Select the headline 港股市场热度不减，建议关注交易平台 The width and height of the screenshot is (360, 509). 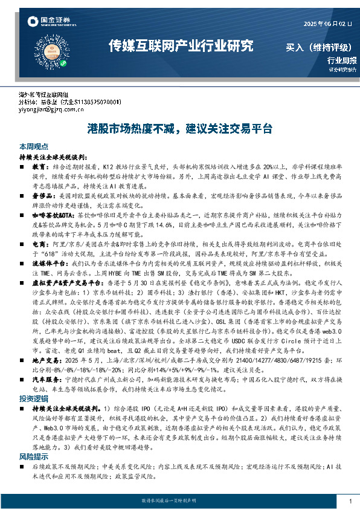180,129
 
